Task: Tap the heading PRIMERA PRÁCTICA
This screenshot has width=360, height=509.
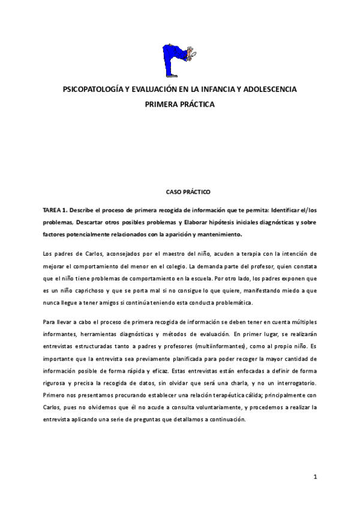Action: pos(179,104)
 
